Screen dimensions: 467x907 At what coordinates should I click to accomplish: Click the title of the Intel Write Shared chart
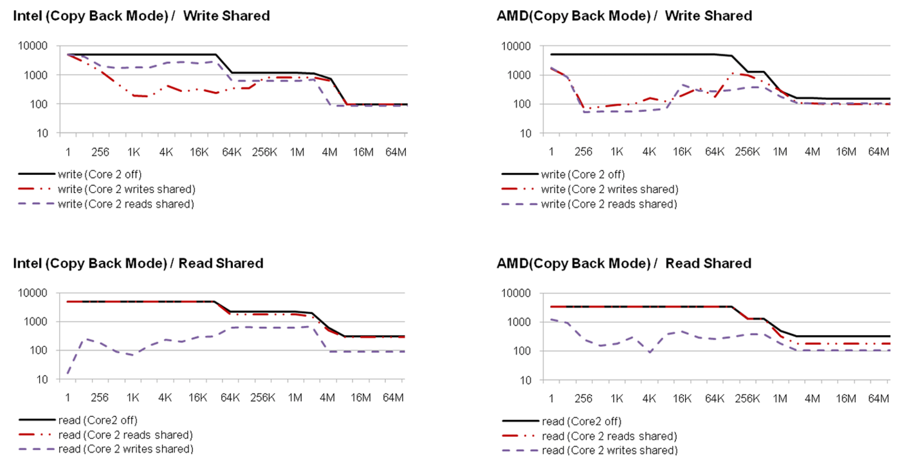click(x=142, y=16)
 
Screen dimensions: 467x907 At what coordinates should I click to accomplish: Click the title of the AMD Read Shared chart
click(x=624, y=263)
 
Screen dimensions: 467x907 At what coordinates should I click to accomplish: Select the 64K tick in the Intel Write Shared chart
click(x=232, y=152)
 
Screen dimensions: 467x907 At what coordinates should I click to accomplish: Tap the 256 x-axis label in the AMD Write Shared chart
click(x=583, y=152)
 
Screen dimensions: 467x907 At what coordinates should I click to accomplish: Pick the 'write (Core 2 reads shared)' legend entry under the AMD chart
click(x=609, y=204)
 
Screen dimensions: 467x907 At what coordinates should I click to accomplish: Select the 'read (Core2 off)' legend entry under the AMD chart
click(x=581, y=421)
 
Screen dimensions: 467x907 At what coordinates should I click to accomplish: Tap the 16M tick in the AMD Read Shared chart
click(x=846, y=399)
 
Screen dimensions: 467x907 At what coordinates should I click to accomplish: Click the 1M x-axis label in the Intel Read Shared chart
click(x=295, y=398)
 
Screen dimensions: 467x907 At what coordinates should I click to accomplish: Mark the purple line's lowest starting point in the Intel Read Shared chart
click(x=68, y=372)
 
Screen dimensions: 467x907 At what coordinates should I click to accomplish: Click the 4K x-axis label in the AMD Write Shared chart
click(x=649, y=152)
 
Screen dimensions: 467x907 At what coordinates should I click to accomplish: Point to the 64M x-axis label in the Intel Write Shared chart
click(x=395, y=152)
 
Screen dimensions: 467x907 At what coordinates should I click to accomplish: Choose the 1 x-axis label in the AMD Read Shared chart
click(x=551, y=399)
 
